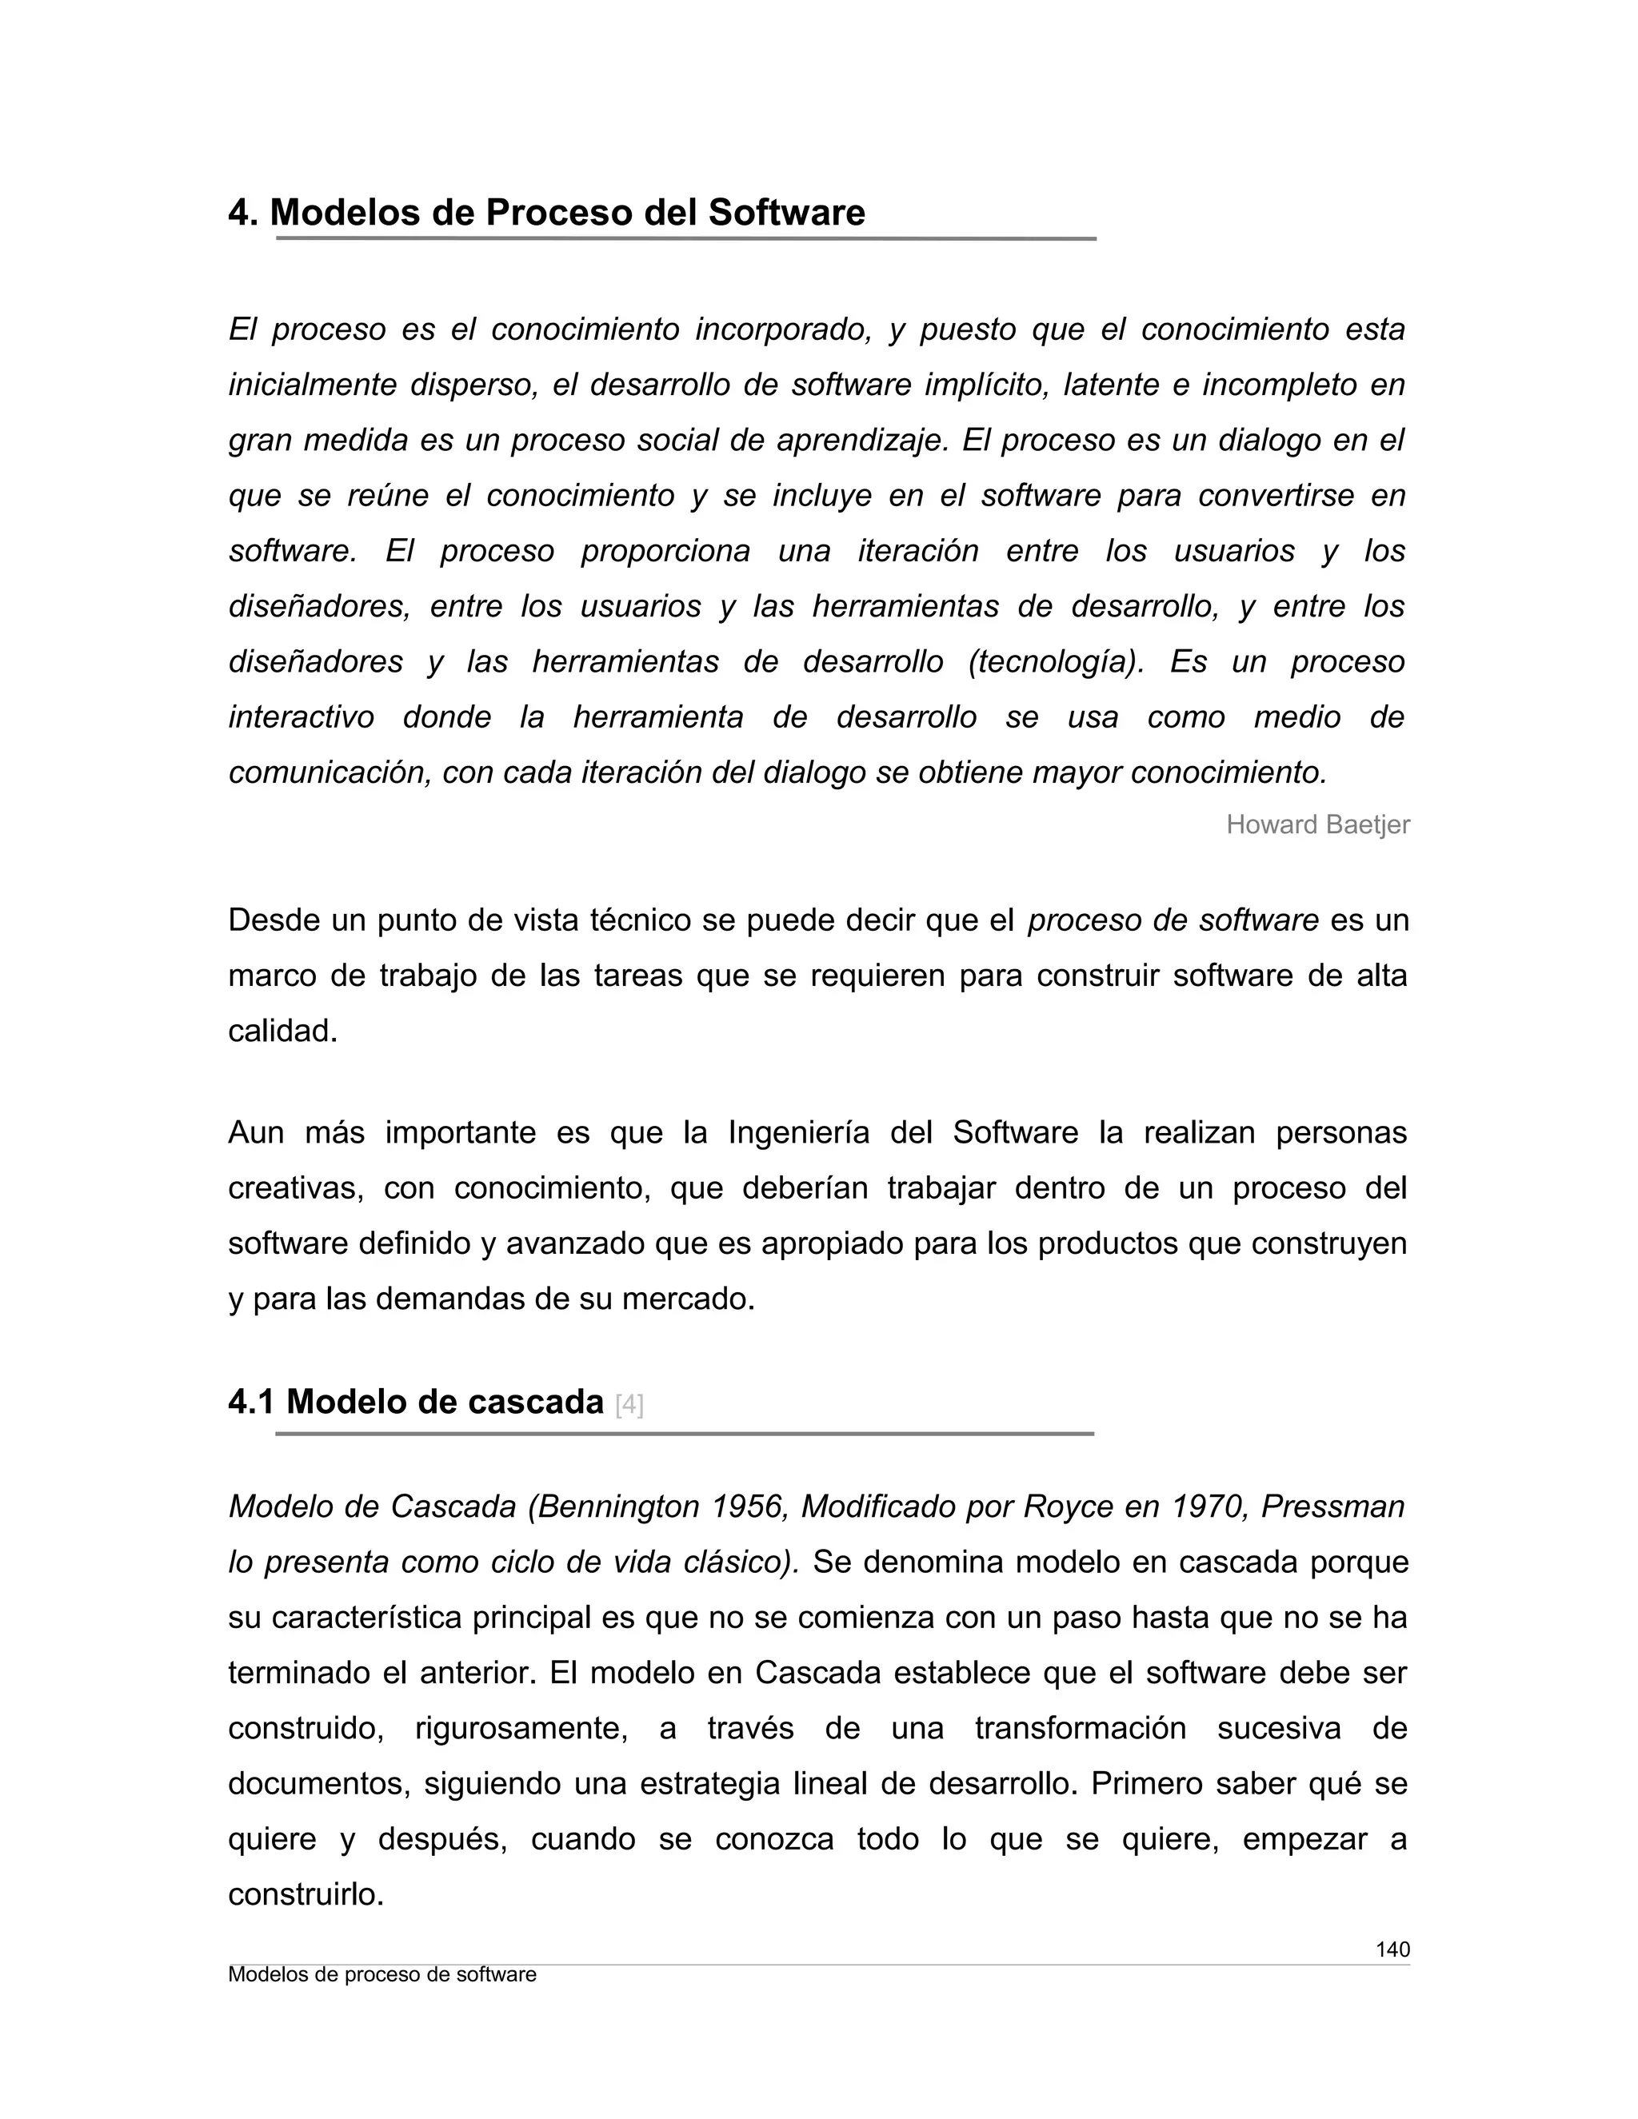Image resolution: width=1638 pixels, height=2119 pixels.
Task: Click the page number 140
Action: tap(1392, 1949)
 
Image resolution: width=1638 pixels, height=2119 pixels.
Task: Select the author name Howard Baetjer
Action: tap(1316, 824)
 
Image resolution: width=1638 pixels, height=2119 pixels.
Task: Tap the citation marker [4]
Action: tap(629, 1405)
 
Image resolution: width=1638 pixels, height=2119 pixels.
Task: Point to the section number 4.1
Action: tap(251, 1402)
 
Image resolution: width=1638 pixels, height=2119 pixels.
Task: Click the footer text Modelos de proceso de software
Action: tap(382, 1975)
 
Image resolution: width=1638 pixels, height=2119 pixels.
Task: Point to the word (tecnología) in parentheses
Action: tap(1056, 662)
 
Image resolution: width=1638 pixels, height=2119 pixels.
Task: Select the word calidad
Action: tap(282, 1031)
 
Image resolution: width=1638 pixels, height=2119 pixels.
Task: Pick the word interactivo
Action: tap(301, 717)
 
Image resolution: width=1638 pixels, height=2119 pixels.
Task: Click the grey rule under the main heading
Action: tap(685, 238)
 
